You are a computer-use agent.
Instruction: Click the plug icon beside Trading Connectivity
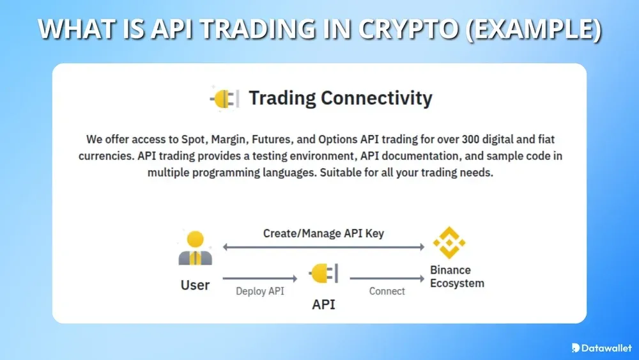click(x=224, y=98)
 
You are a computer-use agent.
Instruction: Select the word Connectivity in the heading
click(x=376, y=98)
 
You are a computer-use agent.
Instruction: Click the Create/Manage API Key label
click(x=323, y=233)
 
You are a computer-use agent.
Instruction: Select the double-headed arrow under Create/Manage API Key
click(x=323, y=247)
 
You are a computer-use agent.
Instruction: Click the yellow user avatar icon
click(x=195, y=248)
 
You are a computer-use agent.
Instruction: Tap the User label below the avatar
click(x=195, y=285)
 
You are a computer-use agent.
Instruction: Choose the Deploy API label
click(x=259, y=291)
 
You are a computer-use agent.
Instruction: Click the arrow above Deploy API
click(x=259, y=278)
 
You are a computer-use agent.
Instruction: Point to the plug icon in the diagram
click(x=323, y=274)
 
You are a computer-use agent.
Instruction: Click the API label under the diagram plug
click(x=323, y=304)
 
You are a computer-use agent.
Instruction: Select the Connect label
click(x=387, y=291)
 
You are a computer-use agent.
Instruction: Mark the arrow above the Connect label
click(x=387, y=278)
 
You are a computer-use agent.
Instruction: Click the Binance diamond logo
click(x=449, y=242)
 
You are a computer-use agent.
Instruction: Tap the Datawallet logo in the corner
click(x=601, y=348)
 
